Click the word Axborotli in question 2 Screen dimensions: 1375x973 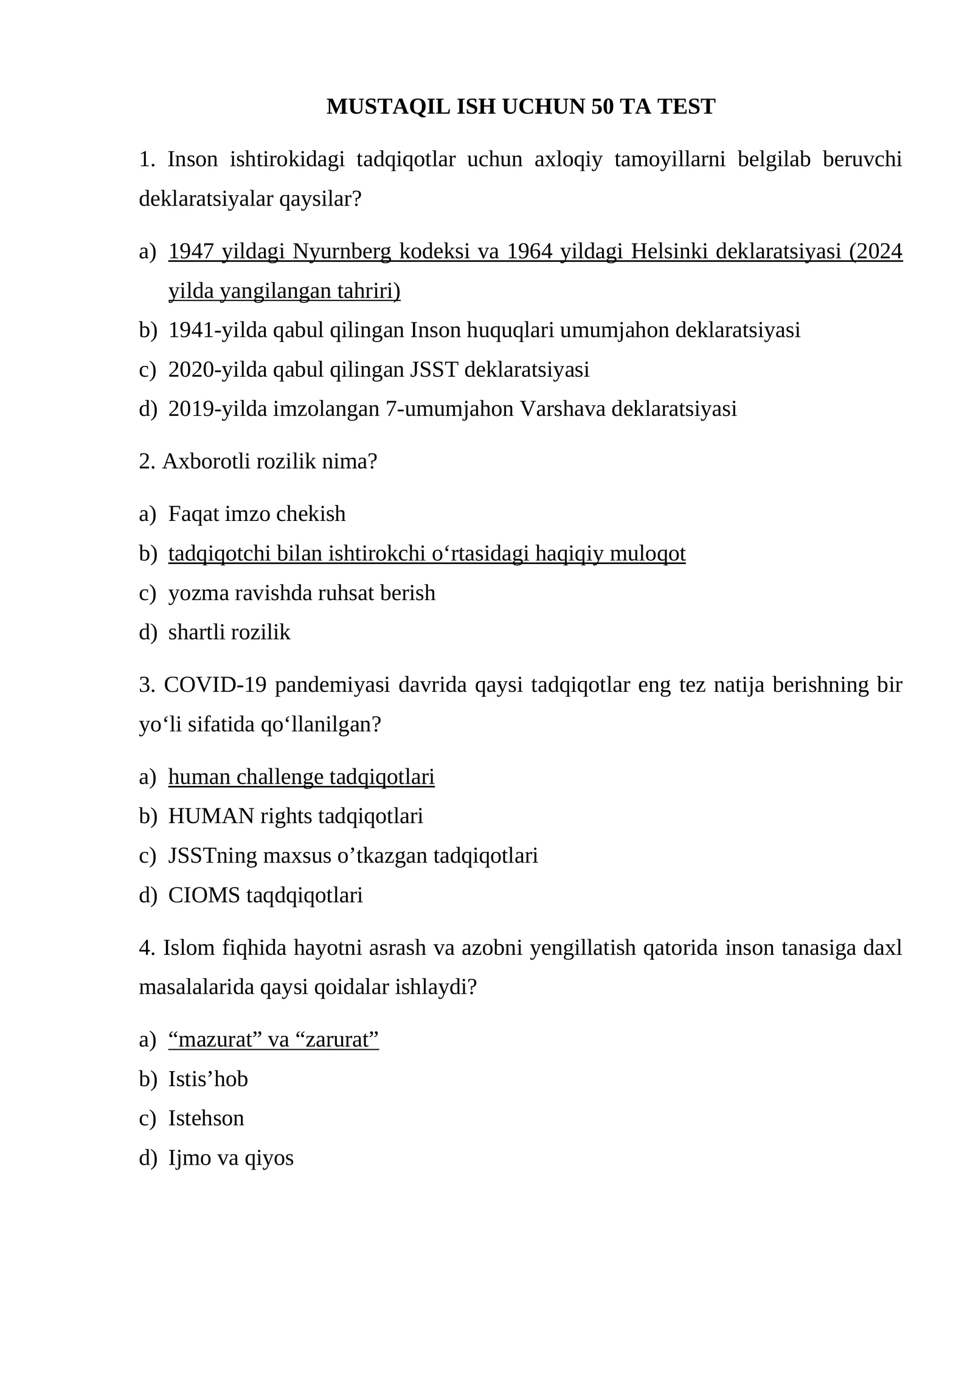[206, 461]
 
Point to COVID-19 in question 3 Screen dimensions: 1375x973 [215, 685]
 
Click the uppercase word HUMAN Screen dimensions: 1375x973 [211, 816]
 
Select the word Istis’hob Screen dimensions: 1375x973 [208, 1080]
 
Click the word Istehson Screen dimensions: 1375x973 [206, 1118]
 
